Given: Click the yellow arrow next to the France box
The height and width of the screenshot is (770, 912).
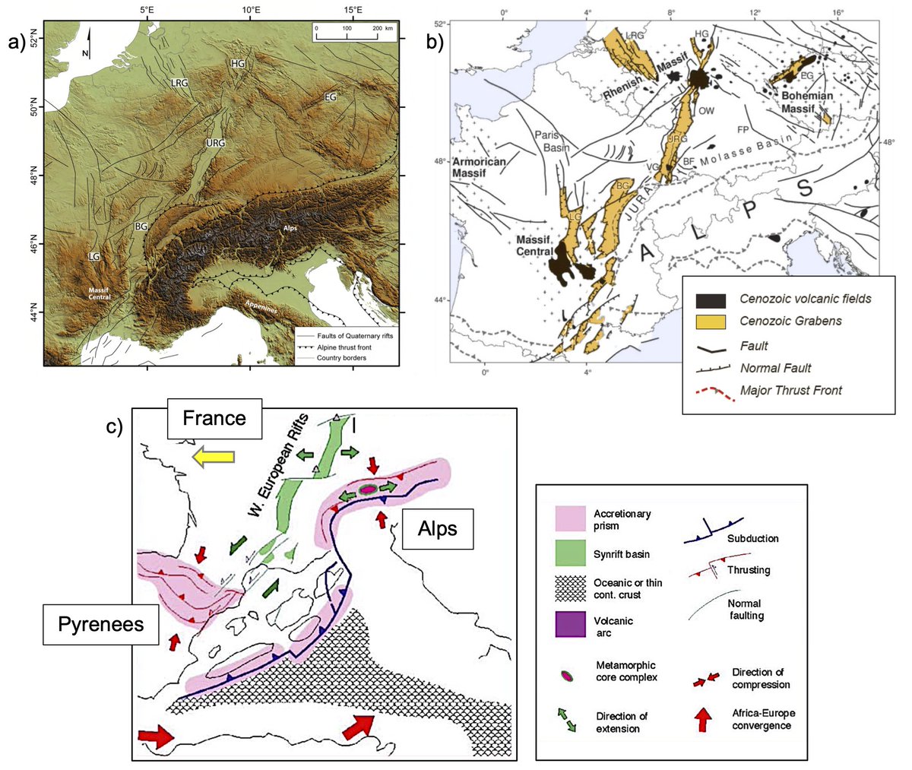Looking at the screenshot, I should (214, 456).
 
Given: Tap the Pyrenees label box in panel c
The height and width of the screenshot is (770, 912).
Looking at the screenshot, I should (101, 625).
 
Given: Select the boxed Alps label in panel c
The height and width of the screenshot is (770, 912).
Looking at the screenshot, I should (437, 528).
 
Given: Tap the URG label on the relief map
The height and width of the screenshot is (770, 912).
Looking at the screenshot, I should (216, 144).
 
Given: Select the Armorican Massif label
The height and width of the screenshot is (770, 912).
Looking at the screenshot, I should (479, 168).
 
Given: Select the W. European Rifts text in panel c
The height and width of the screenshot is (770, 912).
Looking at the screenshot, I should (278, 465).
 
